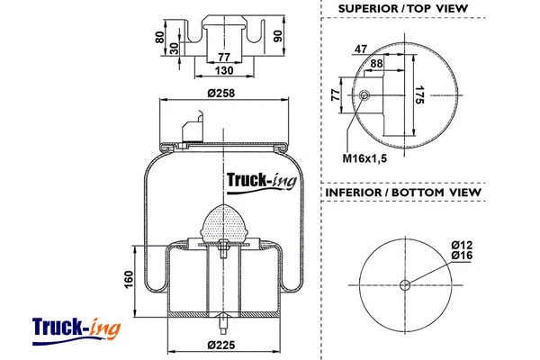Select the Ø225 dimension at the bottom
pyautogui.click(x=220, y=345)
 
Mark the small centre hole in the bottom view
pyautogui.click(x=404, y=286)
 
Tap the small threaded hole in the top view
pyautogui.click(x=364, y=95)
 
